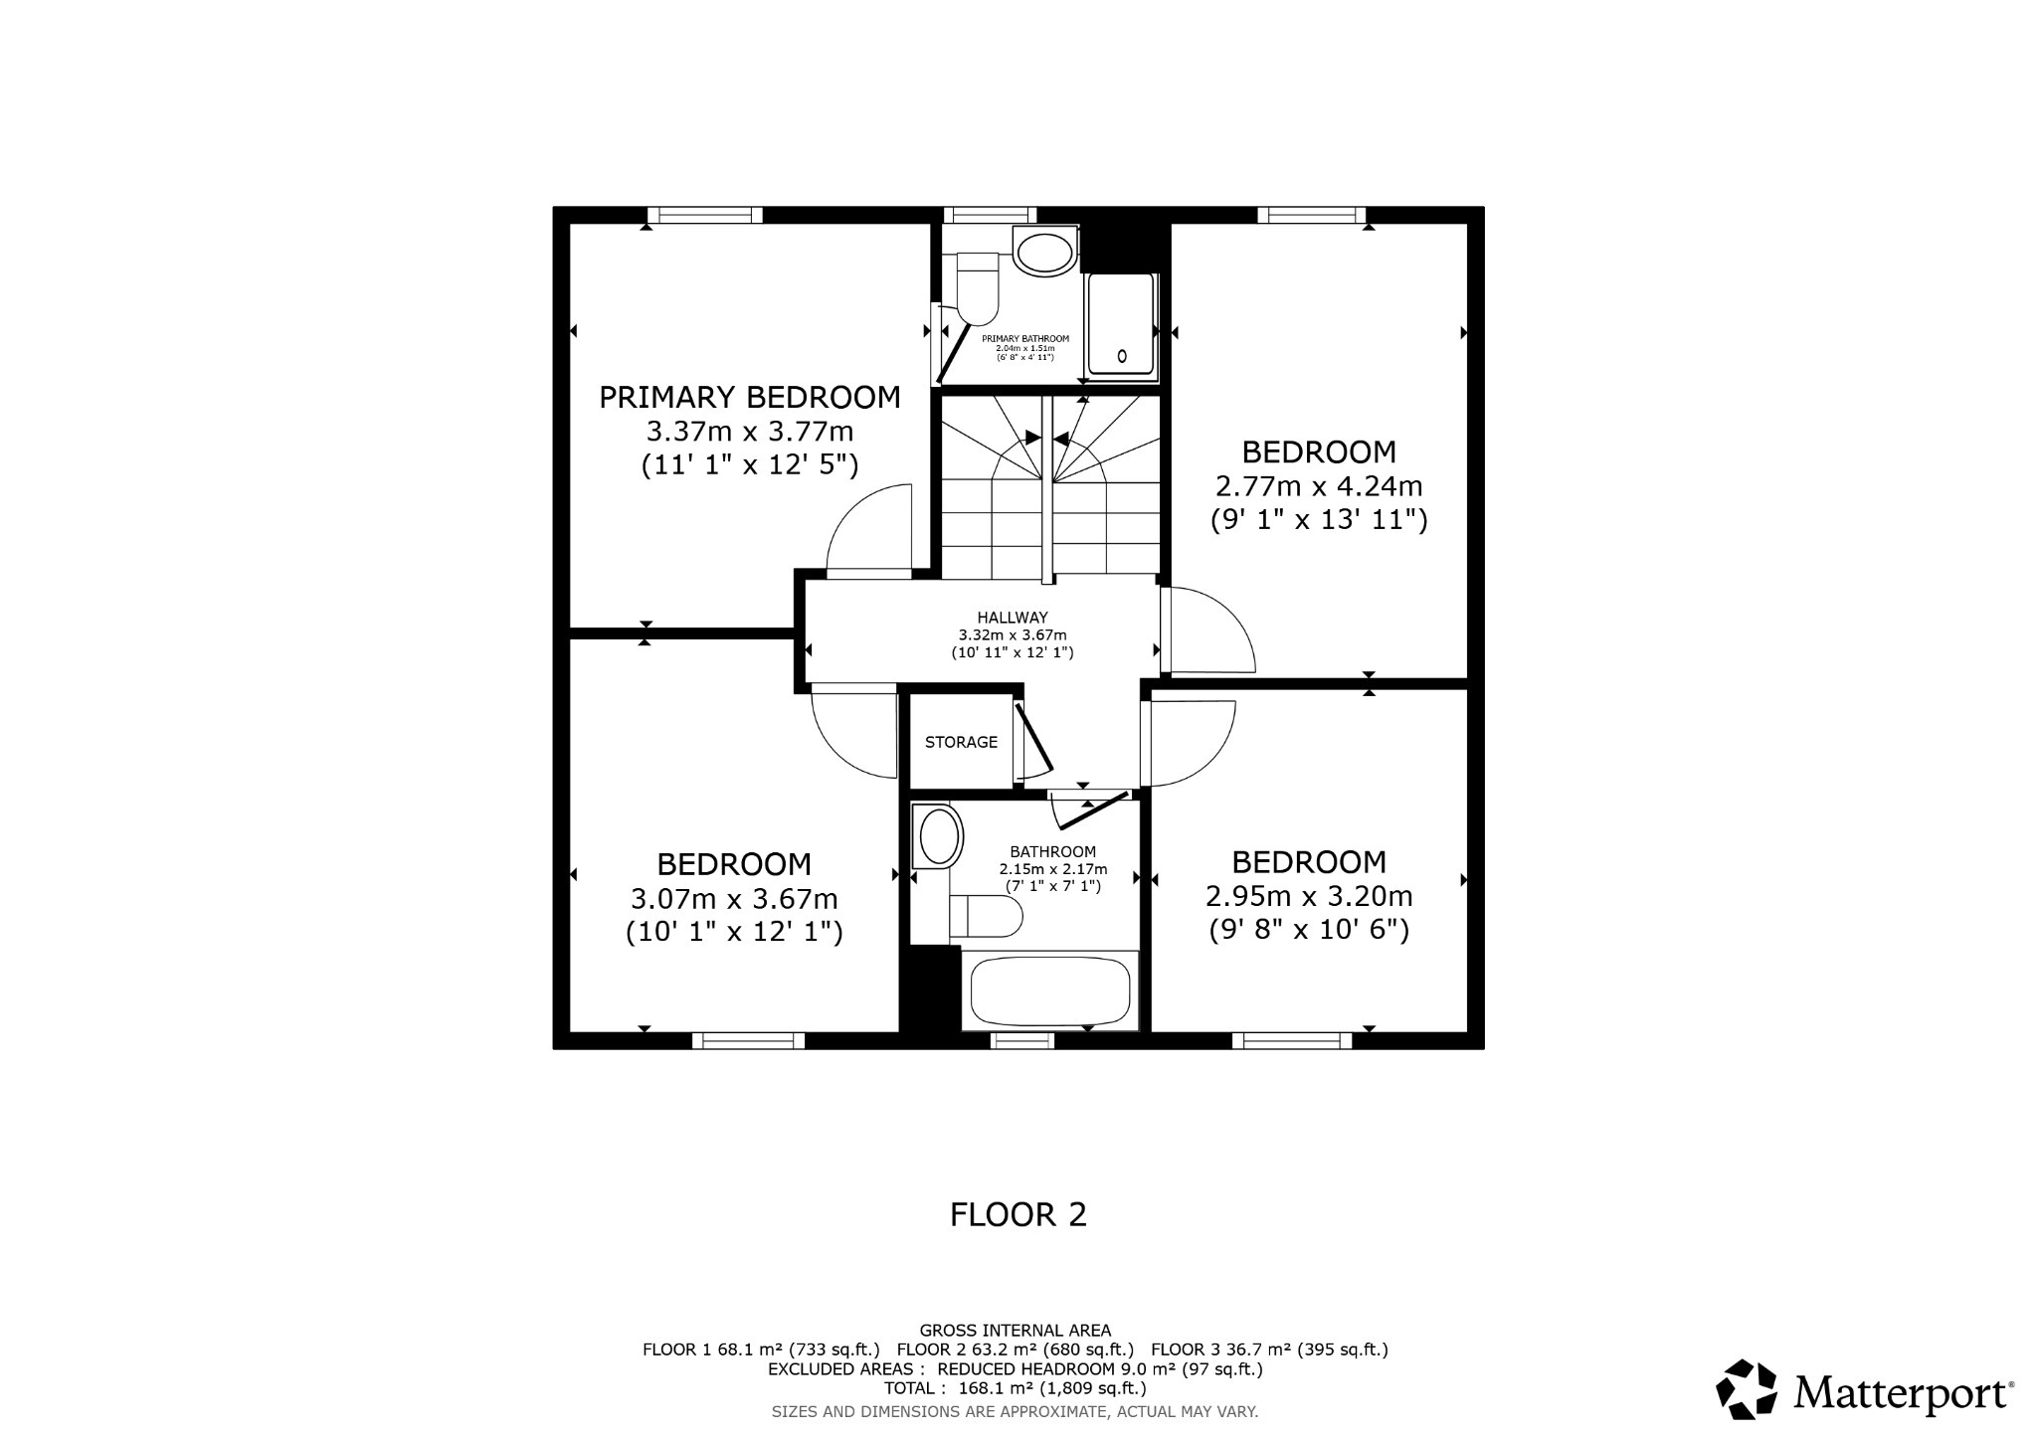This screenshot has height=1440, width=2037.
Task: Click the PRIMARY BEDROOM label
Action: pos(749,398)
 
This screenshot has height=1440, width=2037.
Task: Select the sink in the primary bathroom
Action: pos(1044,251)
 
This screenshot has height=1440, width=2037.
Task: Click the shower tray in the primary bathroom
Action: pos(1121,324)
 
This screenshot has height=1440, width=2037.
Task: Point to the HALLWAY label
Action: pos(1012,618)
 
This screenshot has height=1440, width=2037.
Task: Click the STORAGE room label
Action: pos(961,742)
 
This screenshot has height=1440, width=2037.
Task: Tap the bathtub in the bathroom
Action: pos(1050,991)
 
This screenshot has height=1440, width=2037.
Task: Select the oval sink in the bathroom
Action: pos(939,835)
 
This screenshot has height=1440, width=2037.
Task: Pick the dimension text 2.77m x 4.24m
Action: pos(1319,486)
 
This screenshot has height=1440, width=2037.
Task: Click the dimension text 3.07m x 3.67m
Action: pos(734,899)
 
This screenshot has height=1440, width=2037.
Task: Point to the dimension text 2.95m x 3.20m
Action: pos(1309,896)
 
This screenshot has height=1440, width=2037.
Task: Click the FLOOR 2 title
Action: pos(1018,1214)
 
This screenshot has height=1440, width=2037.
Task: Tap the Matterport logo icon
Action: pos(1747,1388)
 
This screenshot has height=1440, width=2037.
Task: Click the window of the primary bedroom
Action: pos(704,215)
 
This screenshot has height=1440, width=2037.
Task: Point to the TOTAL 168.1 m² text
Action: pos(1015,1388)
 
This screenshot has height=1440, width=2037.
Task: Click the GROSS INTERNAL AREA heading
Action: pos(1015,1330)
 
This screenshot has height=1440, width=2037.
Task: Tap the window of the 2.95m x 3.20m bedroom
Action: pos(1291,1040)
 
